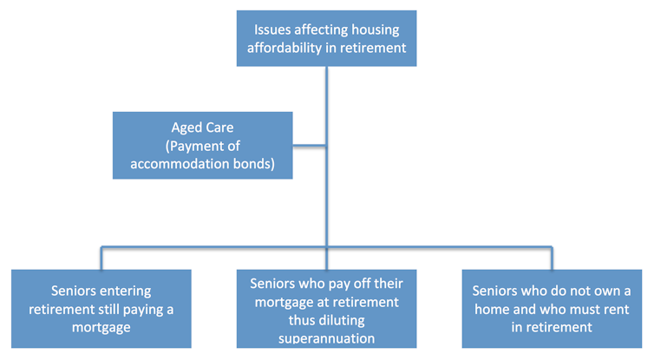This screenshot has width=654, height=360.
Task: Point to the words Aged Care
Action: click(x=202, y=128)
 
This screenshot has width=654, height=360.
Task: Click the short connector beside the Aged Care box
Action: click(x=310, y=146)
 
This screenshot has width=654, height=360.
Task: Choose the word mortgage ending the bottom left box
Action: click(x=101, y=328)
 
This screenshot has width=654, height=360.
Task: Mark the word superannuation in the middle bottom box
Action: click(x=327, y=338)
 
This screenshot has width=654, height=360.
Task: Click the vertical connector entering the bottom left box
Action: click(x=101, y=259)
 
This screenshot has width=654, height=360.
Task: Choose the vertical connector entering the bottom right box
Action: click(x=552, y=259)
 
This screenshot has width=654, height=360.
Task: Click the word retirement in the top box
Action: click(x=373, y=48)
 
